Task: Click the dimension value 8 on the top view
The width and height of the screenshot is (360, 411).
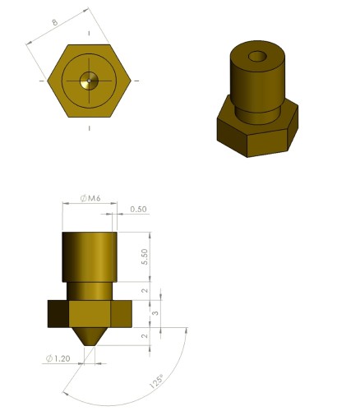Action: point(55,23)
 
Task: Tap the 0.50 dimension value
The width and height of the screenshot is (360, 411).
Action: point(138,210)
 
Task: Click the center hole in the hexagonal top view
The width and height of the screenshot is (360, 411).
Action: point(90,81)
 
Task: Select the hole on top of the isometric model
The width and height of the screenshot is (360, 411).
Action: point(257,58)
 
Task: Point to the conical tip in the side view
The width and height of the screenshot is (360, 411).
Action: point(90,335)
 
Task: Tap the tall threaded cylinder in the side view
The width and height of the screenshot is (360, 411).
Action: point(90,257)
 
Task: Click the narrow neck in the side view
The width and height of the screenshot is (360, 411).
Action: point(90,291)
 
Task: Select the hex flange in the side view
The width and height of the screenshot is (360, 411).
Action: point(90,313)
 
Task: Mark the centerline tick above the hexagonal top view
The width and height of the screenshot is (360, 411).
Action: point(90,33)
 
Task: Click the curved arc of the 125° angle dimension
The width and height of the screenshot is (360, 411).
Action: point(123,400)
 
